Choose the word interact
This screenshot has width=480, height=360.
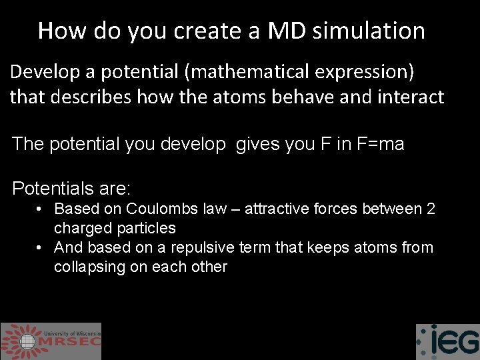tap(409, 97)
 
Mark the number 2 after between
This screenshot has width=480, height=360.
tap(431, 209)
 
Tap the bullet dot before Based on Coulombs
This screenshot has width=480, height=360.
tap(40, 209)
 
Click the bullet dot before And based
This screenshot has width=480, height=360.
tap(40, 247)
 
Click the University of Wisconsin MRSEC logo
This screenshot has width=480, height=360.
tap(51, 341)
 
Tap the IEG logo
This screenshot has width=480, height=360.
tap(447, 341)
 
